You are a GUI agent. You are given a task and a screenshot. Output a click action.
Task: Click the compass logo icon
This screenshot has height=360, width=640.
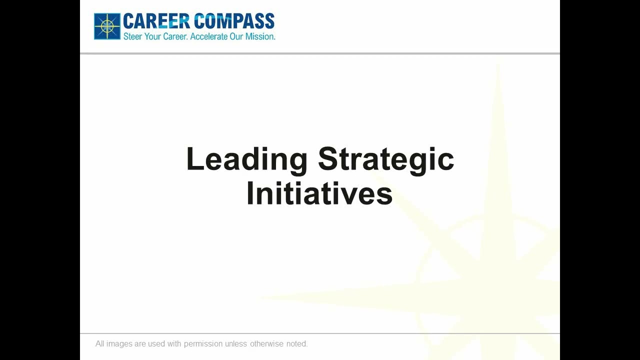107,26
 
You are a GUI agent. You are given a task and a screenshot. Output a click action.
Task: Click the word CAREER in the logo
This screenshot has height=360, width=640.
155,21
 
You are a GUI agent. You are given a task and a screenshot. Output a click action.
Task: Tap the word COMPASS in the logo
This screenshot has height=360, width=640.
234,21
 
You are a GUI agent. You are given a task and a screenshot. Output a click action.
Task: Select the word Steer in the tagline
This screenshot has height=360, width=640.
132,36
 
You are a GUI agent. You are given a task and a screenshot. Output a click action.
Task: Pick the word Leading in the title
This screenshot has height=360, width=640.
246,159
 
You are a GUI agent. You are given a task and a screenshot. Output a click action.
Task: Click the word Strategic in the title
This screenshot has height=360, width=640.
386,159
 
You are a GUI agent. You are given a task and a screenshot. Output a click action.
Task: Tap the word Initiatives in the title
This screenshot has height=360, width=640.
319,194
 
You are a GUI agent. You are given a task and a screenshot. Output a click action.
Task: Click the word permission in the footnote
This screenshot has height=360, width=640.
203,344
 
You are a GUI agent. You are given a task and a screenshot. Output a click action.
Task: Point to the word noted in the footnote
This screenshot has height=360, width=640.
297,344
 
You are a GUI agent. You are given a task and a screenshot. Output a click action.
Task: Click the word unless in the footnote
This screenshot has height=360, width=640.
236,344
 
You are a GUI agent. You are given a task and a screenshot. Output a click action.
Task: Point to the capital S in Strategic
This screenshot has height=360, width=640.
328,159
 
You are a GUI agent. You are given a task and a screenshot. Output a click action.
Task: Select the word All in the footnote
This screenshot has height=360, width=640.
100,344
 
